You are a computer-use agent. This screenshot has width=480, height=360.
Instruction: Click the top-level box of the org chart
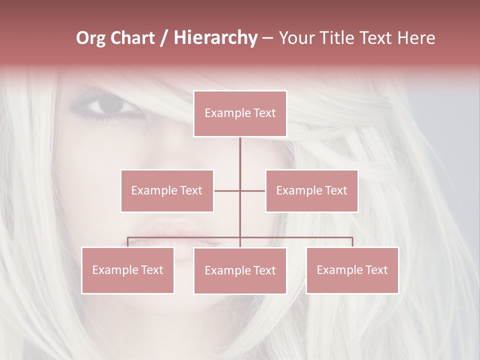point(240,113)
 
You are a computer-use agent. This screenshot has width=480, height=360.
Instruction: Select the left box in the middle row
point(167,190)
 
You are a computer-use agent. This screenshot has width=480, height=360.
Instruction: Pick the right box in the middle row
point(311,190)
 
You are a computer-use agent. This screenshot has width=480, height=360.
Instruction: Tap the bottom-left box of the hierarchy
point(128,270)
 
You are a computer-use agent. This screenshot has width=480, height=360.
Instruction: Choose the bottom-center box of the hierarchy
point(240,270)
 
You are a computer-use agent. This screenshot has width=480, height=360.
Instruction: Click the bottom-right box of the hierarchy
point(352,270)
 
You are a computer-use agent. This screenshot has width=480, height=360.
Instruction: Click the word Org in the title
point(90,38)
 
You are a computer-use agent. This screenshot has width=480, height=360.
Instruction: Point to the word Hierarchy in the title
point(215,38)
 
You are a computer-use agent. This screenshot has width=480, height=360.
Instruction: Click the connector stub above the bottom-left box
point(128,242)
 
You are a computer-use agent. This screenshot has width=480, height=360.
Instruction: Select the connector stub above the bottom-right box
point(352,242)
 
